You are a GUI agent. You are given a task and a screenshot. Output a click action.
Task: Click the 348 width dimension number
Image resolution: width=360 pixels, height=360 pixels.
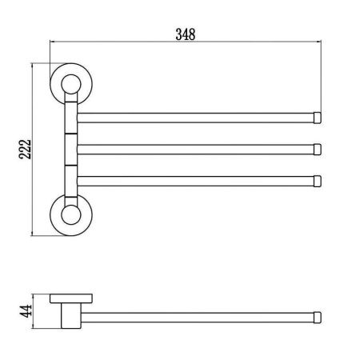[x=185, y=34]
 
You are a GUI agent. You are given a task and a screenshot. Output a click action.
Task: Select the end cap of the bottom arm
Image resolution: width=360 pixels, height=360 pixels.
[x=318, y=179]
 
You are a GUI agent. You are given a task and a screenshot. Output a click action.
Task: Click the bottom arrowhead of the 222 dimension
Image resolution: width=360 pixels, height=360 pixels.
[x=34, y=233]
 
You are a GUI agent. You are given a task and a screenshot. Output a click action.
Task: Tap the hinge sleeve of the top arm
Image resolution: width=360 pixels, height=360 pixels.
[x=70, y=116]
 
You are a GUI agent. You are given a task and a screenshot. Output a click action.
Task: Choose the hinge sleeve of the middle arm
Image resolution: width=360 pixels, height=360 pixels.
[x=70, y=148]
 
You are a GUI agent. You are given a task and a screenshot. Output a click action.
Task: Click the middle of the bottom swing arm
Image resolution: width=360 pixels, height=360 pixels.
[x=196, y=179]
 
